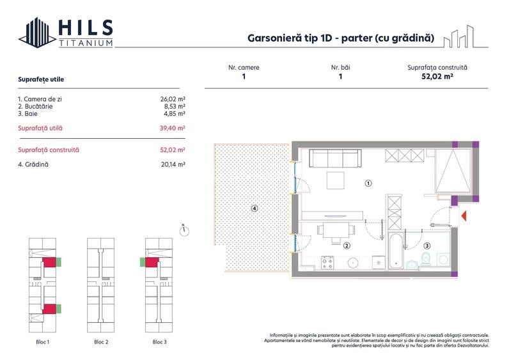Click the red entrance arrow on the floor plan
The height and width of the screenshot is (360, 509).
click(x=465, y=215)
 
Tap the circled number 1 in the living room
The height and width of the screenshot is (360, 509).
click(x=368, y=183)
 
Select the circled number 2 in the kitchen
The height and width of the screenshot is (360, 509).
click(x=347, y=245)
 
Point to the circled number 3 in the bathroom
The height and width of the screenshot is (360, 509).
click(x=427, y=245)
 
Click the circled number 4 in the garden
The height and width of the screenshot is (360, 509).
click(x=254, y=208)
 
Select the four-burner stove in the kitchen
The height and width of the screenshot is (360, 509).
click(x=328, y=262)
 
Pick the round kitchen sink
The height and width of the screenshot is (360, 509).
click(x=352, y=262)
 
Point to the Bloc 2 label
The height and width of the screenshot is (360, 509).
click(x=101, y=342)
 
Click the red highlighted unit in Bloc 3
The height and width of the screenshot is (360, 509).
click(x=152, y=262)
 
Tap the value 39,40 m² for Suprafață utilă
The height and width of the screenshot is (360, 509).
click(x=173, y=128)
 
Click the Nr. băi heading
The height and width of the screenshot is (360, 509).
click(x=340, y=67)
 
